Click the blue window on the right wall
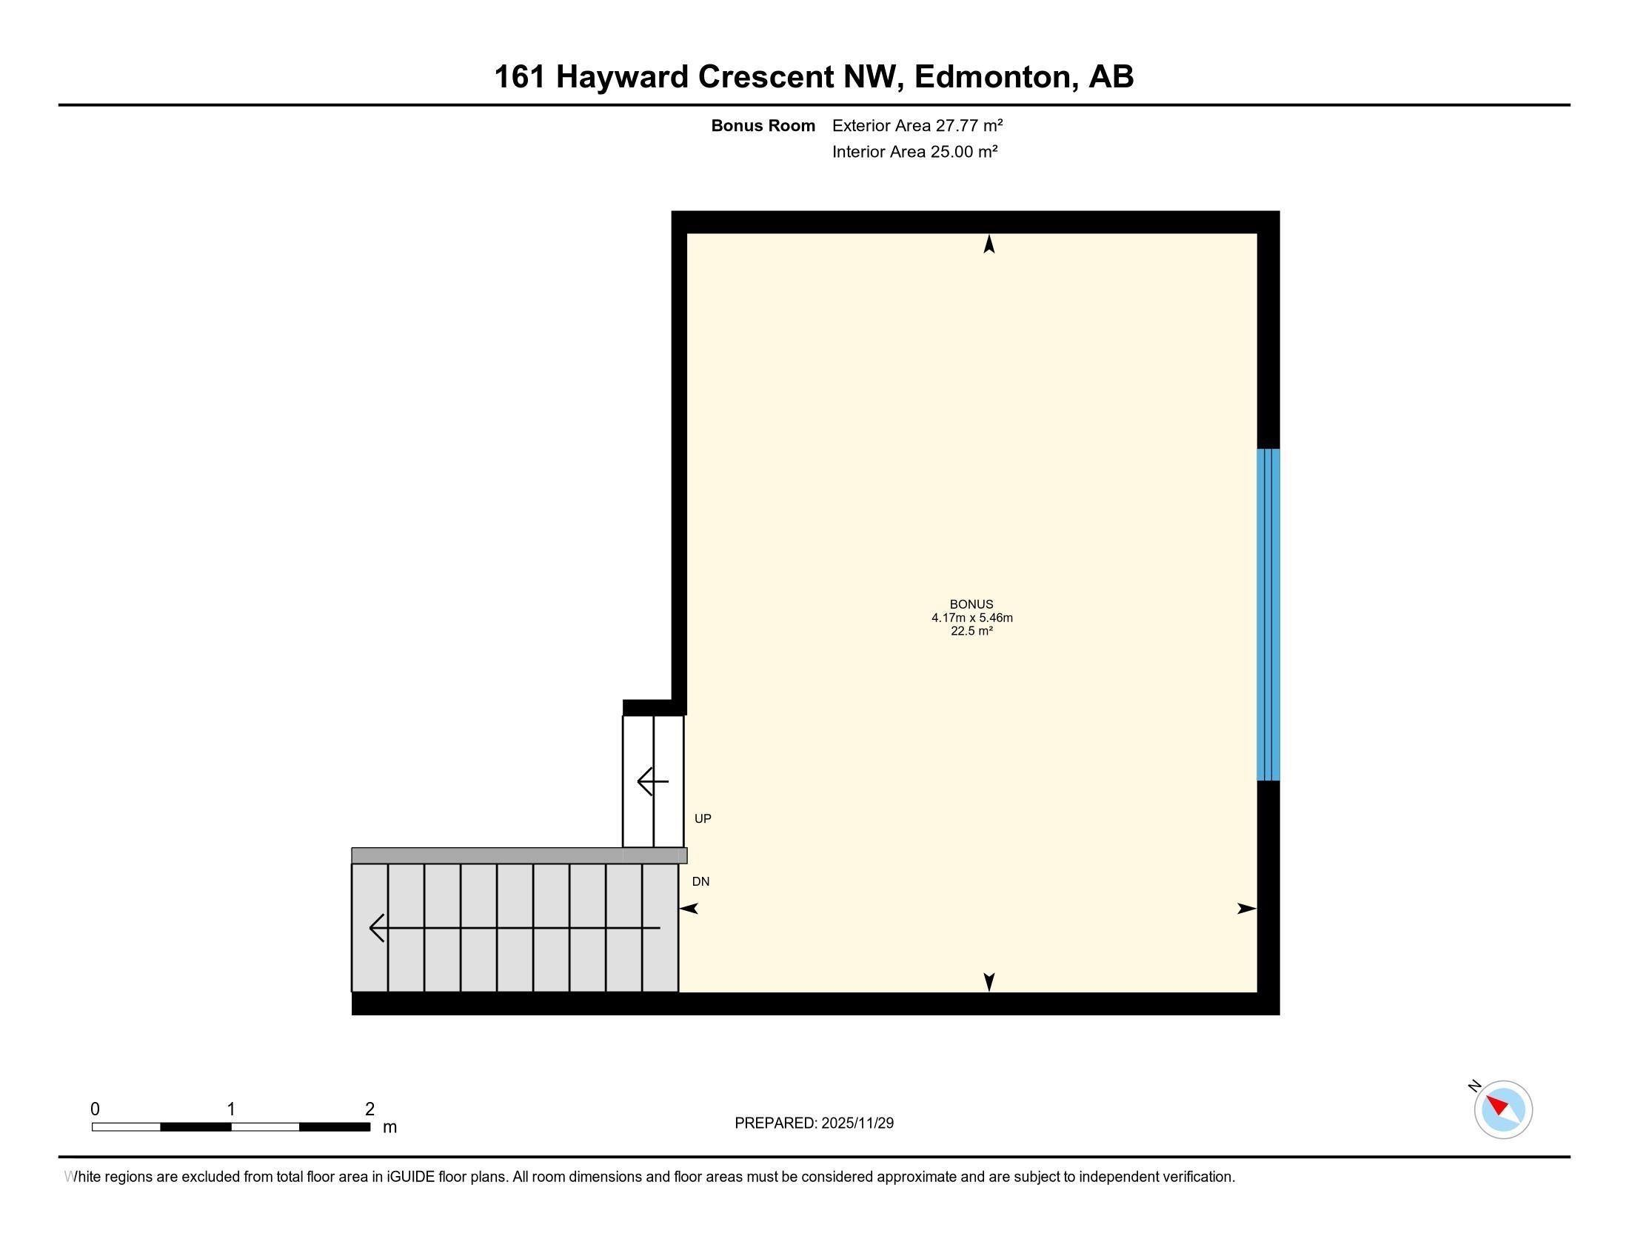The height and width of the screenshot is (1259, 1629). pyautogui.click(x=1268, y=615)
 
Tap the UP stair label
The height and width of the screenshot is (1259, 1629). pyautogui.click(x=703, y=818)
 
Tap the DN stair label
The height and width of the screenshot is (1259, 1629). pyautogui.click(x=700, y=881)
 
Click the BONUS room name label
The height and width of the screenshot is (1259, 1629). pyautogui.click(x=971, y=604)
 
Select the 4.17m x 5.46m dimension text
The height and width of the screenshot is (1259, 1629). pyautogui.click(x=971, y=618)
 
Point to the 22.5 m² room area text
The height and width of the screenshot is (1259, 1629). pyautogui.click(x=971, y=631)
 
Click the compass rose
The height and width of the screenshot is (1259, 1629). pyautogui.click(x=1503, y=1109)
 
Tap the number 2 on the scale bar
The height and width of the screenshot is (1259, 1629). pyautogui.click(x=369, y=1109)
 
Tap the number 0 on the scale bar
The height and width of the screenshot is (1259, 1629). pyautogui.click(x=95, y=1109)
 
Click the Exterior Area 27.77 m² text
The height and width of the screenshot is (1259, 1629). pyautogui.click(x=917, y=125)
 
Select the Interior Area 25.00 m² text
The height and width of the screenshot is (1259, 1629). pyautogui.click(x=914, y=152)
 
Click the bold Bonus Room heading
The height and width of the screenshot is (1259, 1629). pyautogui.click(x=762, y=125)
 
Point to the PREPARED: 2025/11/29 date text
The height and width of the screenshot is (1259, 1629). pyautogui.click(x=814, y=1123)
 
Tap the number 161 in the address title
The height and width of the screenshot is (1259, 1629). pyautogui.click(x=519, y=77)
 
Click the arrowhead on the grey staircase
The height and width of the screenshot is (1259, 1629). pyautogui.click(x=377, y=928)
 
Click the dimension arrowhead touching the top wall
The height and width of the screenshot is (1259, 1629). pyautogui.click(x=989, y=244)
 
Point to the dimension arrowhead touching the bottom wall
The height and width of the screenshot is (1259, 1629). pyautogui.click(x=989, y=982)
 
